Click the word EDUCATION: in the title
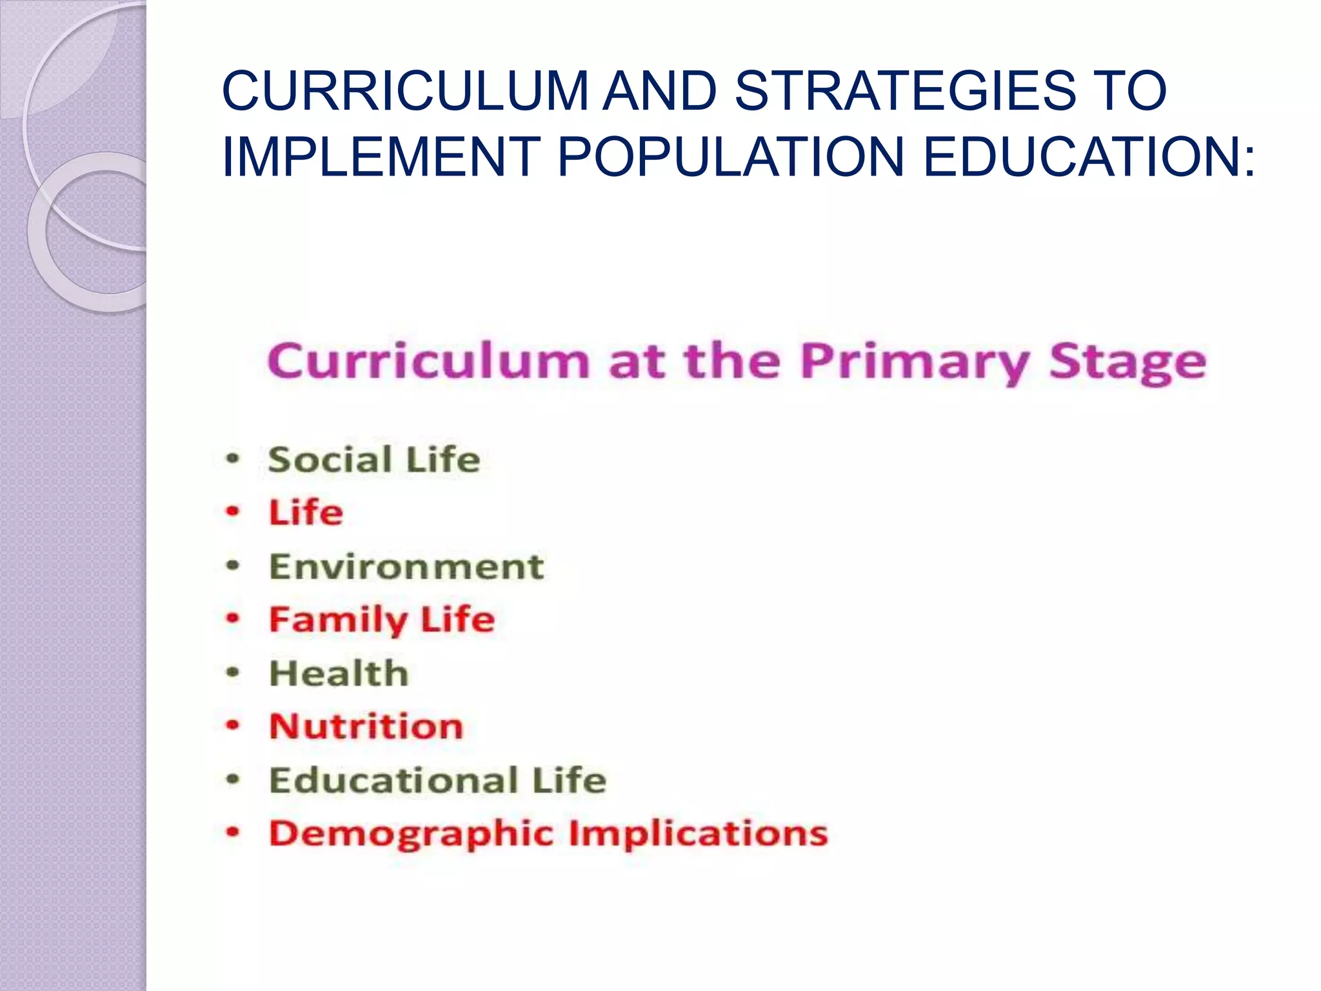point(1089,157)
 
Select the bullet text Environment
point(406,566)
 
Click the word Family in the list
point(338,620)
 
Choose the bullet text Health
point(339,674)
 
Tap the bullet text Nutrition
point(366,726)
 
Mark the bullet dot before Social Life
point(232,459)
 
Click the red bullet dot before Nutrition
point(232,725)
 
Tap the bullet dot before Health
point(232,673)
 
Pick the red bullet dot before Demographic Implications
point(232,832)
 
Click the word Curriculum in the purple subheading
point(428,361)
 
